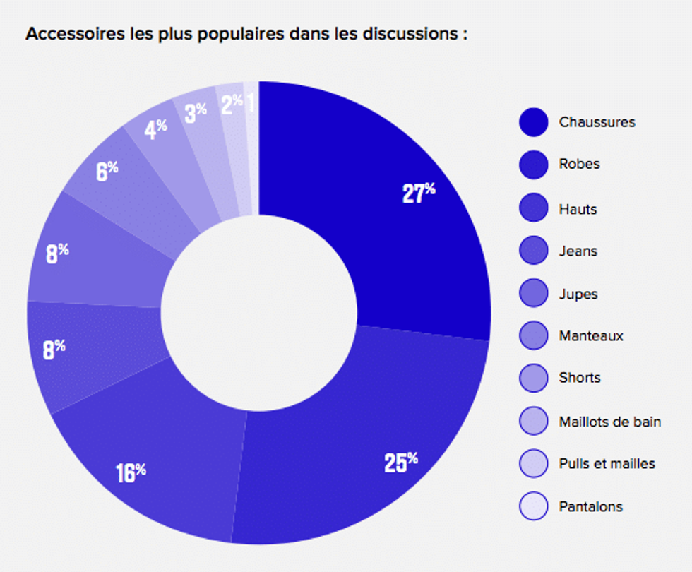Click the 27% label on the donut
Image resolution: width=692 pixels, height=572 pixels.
point(419,193)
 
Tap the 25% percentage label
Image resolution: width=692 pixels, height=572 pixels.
point(401,462)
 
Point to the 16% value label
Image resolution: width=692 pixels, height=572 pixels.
point(131,472)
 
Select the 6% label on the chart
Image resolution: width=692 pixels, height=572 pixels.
point(107,171)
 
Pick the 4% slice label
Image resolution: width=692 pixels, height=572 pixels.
point(156,129)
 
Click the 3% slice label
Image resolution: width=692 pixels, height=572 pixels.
point(195,113)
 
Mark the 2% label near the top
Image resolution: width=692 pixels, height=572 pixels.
point(232,105)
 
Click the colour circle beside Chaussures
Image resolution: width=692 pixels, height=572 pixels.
point(533,122)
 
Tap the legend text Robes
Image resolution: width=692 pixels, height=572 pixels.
point(579,164)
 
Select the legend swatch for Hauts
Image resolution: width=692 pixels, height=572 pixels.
point(533,209)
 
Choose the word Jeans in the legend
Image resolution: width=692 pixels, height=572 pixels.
point(578,251)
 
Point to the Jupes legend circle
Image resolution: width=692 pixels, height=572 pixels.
point(533,294)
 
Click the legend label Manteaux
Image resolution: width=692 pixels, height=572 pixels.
point(591,336)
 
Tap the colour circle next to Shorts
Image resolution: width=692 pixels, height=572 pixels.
point(533,378)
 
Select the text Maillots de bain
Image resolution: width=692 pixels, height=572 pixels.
point(610,422)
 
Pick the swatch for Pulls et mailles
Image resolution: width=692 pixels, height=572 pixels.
point(533,463)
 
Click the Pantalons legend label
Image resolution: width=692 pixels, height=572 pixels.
point(591,506)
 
